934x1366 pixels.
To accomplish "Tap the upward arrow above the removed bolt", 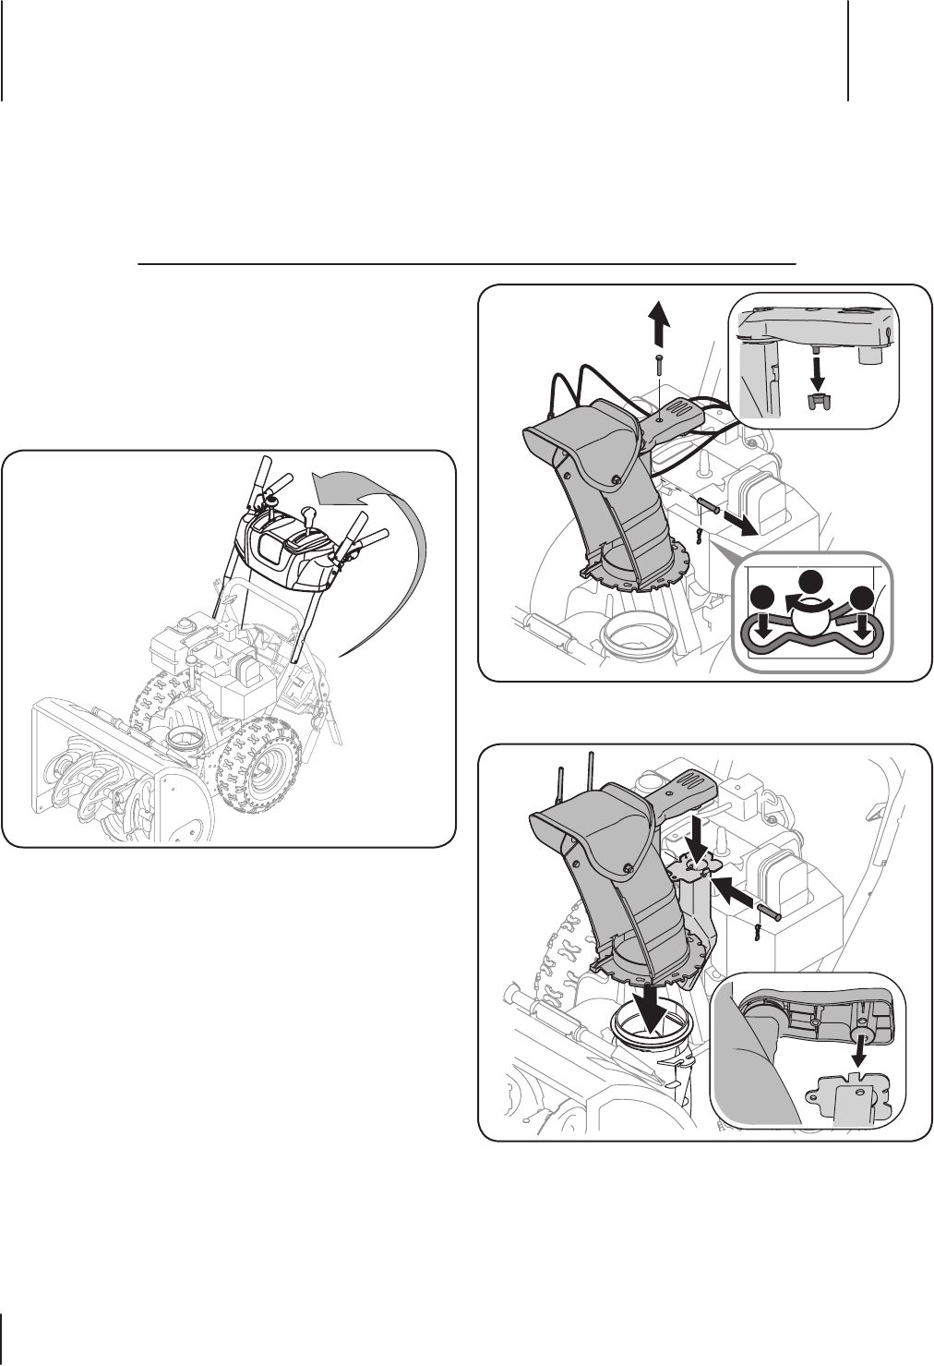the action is point(656,329).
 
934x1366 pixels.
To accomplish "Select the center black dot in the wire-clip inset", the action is point(810,582).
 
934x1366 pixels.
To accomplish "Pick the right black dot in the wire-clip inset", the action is point(863,598).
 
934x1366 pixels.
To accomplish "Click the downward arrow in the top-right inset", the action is point(817,372).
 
